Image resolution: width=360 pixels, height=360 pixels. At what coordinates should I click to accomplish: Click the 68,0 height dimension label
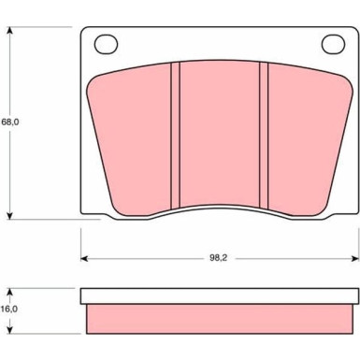coord(10,122)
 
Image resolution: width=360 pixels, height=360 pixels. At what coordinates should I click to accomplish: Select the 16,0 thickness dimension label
coord(10,309)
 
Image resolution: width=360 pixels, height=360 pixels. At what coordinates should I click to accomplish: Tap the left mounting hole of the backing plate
coord(106,44)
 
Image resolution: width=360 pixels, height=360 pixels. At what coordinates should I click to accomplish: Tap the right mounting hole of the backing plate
coord(333,44)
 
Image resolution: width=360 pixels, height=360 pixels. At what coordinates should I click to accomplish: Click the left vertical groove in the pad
coord(176,135)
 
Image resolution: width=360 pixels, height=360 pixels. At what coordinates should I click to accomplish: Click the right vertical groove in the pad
coord(264,135)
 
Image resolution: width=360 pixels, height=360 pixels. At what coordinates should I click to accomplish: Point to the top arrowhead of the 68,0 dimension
coord(10,30)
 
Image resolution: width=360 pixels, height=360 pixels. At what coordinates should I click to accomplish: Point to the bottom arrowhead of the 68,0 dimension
coord(10,216)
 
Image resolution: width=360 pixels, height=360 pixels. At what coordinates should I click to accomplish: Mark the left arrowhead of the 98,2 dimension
coord(84,258)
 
